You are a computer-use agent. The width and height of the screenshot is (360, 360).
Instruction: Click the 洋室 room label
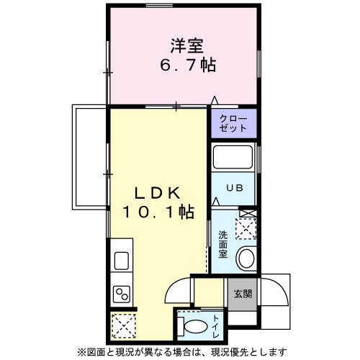[186, 46]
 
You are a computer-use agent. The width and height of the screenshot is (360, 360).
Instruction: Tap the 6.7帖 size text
[186, 66]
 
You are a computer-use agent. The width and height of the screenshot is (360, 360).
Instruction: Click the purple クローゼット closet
[233, 123]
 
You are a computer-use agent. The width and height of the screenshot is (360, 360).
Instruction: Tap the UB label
[233, 188]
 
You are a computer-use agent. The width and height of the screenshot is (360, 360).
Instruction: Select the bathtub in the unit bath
[233, 156]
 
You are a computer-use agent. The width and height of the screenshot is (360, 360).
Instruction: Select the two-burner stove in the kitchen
[120, 294]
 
